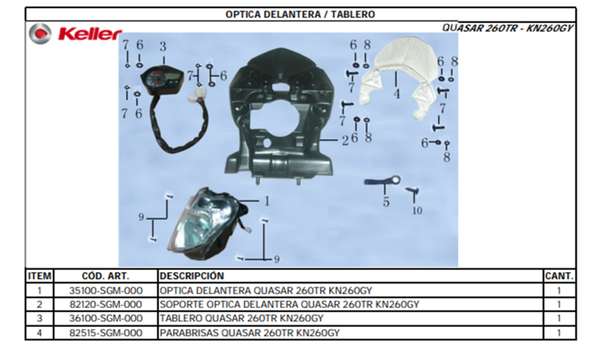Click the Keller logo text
point(90,34)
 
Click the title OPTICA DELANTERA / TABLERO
point(300,14)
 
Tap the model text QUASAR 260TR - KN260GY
point(507,28)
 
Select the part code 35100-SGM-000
point(106,291)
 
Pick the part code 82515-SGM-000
point(106,333)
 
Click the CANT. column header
point(559,276)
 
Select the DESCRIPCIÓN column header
point(191,276)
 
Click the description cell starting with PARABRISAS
point(250,333)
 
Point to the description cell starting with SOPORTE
point(290,305)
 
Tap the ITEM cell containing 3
point(40,319)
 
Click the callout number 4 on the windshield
point(397,93)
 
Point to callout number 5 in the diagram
point(386,202)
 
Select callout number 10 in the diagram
point(417,211)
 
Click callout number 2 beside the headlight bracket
point(345,140)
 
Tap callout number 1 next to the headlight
point(266,201)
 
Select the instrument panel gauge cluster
point(162,79)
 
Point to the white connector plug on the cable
point(198,95)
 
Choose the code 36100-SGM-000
point(106,319)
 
